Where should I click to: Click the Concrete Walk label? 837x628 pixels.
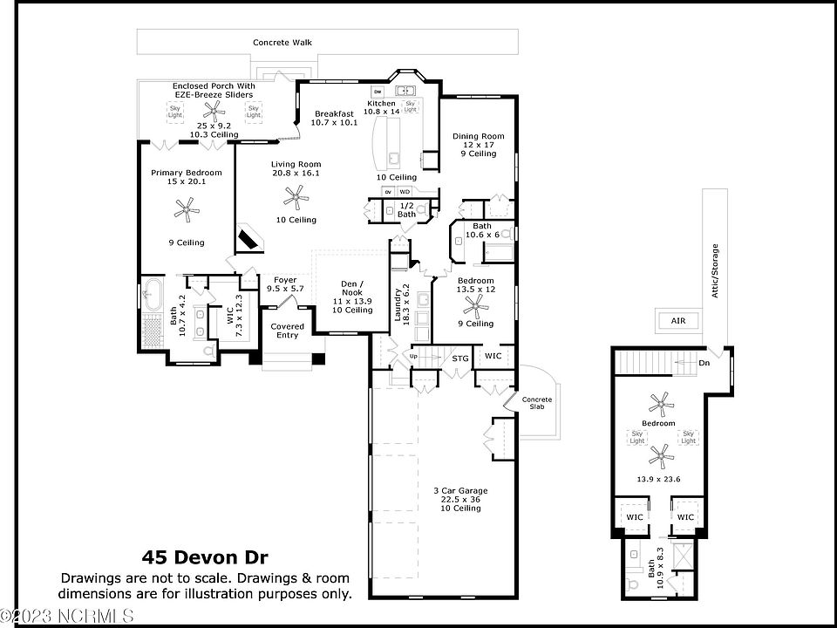click(x=282, y=42)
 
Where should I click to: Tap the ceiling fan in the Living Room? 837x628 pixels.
click(x=296, y=197)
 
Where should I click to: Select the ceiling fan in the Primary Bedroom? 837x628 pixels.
click(x=187, y=209)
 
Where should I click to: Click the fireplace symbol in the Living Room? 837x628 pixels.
click(x=250, y=237)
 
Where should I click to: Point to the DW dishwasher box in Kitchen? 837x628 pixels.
click(x=378, y=92)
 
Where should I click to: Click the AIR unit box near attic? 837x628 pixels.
click(x=678, y=321)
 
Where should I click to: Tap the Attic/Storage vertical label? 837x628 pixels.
click(x=715, y=270)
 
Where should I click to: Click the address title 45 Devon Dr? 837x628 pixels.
click(x=205, y=557)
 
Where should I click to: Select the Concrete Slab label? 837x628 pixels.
click(x=537, y=403)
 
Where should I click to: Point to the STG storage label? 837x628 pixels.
click(x=460, y=358)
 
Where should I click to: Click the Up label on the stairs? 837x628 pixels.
click(x=413, y=356)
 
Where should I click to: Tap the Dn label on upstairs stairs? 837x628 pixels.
click(x=704, y=363)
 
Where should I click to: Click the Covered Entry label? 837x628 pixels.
click(x=287, y=331)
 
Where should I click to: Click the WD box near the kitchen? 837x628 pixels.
click(x=405, y=191)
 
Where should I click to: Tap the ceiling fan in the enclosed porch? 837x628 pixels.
click(x=214, y=111)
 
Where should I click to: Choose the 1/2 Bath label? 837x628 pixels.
click(x=407, y=210)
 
